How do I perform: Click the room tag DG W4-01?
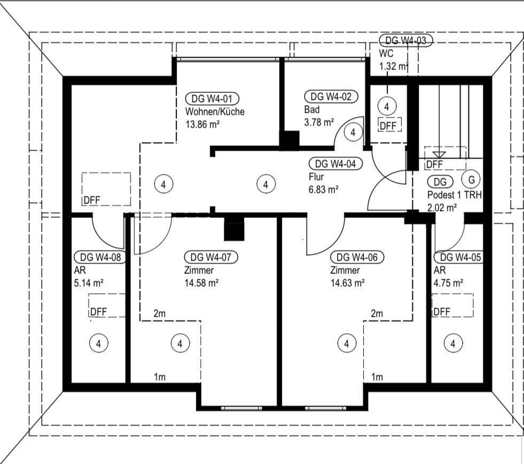pos(212,98)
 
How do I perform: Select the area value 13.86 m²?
pos(202,124)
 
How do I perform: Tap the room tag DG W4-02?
pos(331,97)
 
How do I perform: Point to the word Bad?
pos(312,109)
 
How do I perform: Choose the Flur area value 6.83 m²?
pos(324,189)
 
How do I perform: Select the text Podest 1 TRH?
pos(454,195)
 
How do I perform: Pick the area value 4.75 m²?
pos(448,284)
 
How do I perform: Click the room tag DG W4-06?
pos(357,257)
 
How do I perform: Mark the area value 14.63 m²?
pos(347,284)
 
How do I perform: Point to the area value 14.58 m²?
pos(201,284)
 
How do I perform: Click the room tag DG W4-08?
pos(100,257)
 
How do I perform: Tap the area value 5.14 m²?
pos(89,284)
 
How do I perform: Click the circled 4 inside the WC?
pos(387,106)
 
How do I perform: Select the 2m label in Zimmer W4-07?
pos(159,314)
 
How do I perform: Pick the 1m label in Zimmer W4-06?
pos(377,377)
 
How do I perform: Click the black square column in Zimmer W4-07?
pos(233,231)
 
